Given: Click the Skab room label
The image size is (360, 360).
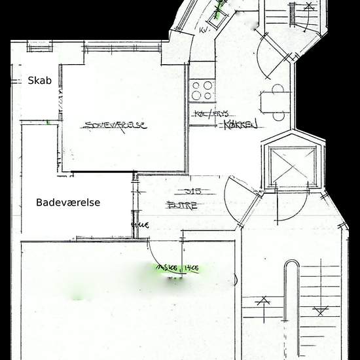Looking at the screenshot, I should [x=39, y=81].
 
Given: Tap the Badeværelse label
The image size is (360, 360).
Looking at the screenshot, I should [x=68, y=203].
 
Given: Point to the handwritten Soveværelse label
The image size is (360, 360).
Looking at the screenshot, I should [x=114, y=126].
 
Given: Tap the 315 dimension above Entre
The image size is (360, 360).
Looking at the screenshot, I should [x=192, y=192].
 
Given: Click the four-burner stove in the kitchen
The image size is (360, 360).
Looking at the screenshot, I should [x=202, y=90].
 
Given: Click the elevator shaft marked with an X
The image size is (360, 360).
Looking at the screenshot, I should [x=293, y=166].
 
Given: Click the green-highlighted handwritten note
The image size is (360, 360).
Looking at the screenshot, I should [x=177, y=268].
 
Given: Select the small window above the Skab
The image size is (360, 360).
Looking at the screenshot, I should [x=39, y=46].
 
